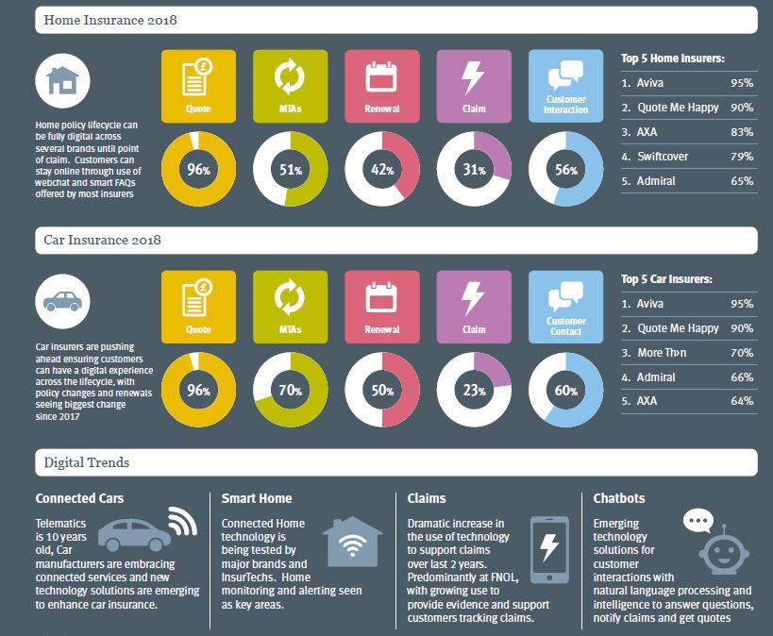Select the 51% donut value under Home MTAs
(290, 170)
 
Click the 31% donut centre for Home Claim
(474, 170)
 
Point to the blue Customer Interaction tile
(565, 86)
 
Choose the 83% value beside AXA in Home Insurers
(741, 131)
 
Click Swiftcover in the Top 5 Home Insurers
(663, 156)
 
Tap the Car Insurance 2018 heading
(102, 240)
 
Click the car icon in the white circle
(61, 301)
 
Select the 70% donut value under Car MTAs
(290, 390)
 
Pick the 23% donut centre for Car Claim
(474, 390)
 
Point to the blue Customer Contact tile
(565, 307)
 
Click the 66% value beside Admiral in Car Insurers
(741, 377)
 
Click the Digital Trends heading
(87, 462)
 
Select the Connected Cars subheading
(79, 498)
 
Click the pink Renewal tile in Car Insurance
(381, 307)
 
